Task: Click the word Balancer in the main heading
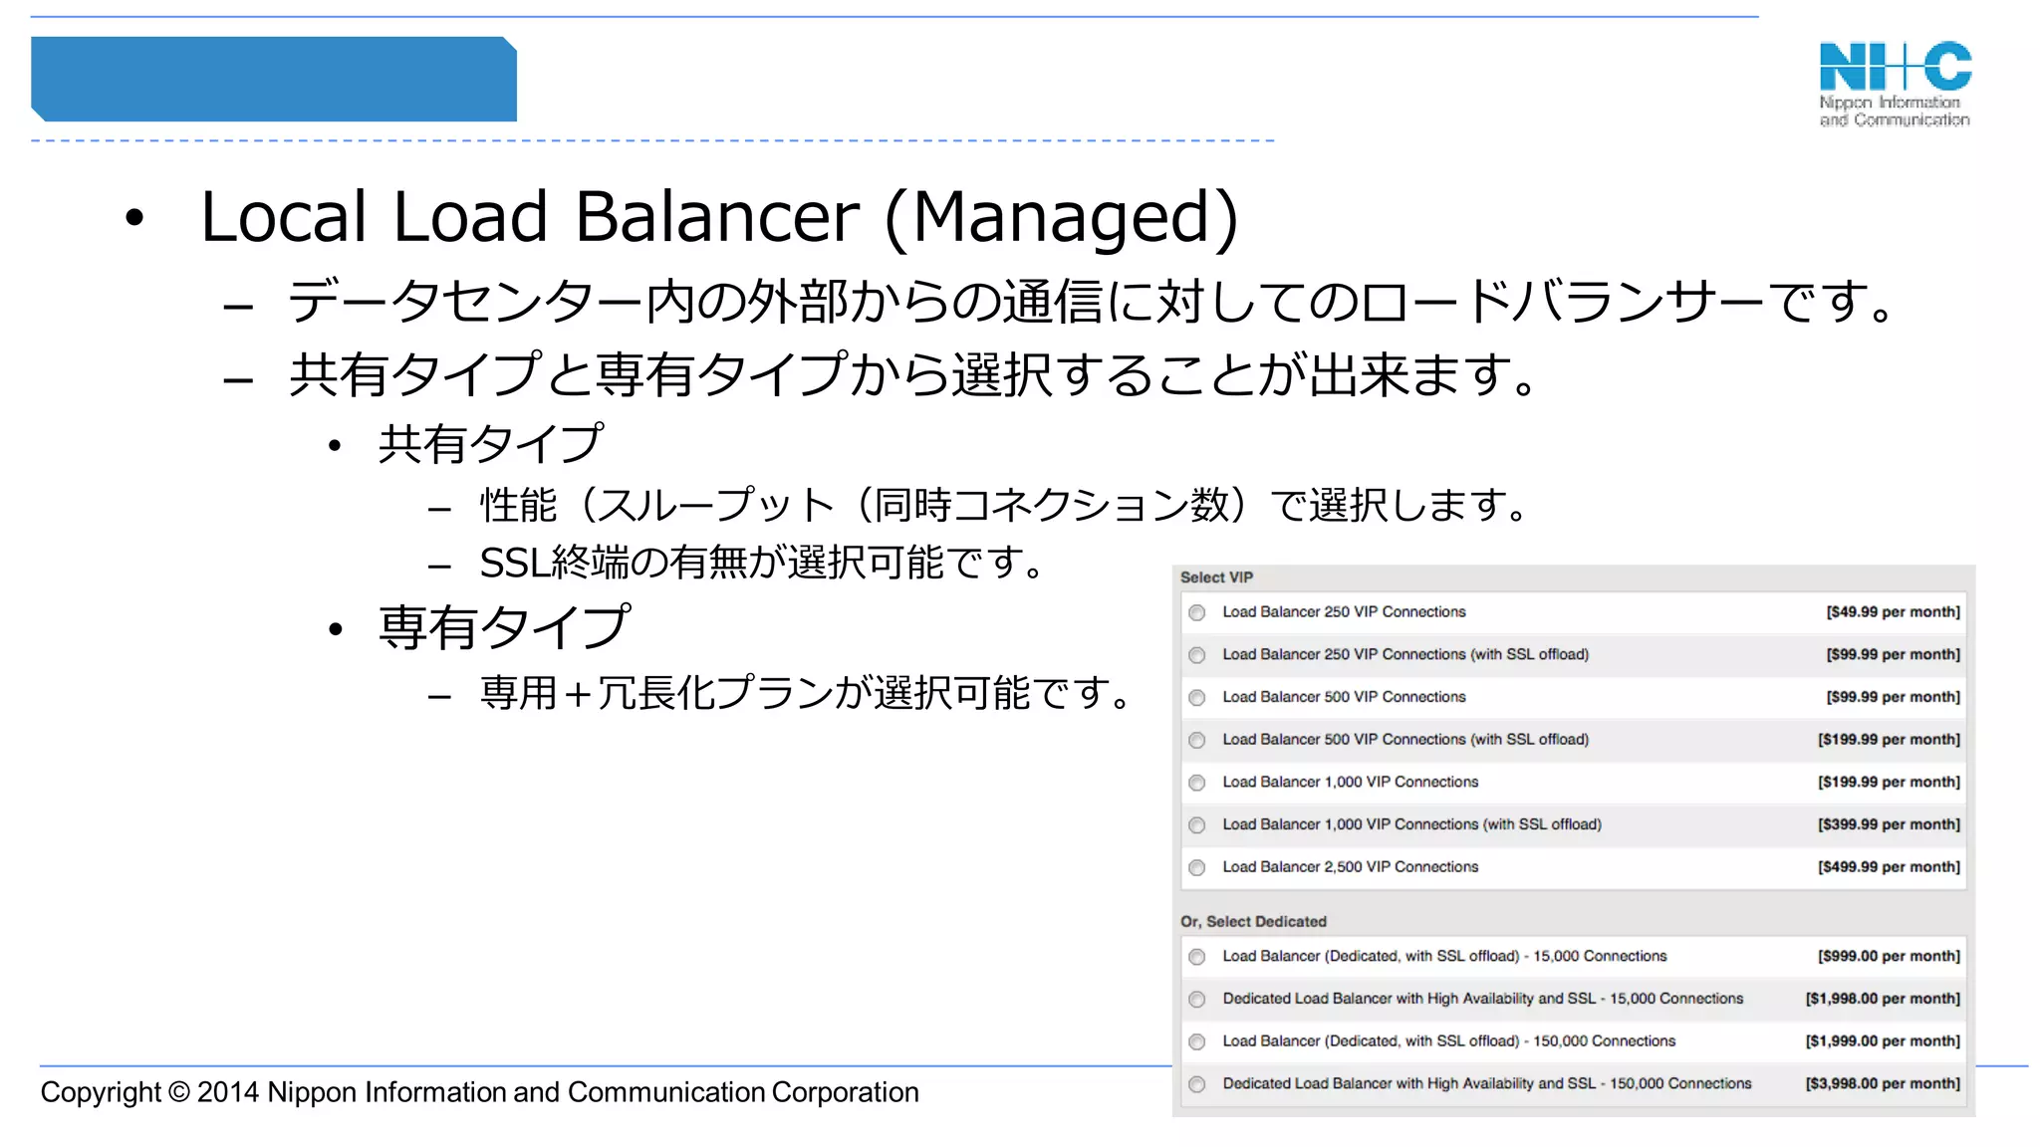716,216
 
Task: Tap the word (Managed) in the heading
1062,216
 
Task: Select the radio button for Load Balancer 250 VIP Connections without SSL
1197,612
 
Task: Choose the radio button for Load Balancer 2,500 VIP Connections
1197,867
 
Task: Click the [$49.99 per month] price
1893,612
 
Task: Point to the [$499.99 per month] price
1889,867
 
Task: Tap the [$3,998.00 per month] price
1883,1083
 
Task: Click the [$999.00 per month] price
1889,956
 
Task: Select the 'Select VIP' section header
1216,577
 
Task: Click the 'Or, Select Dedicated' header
1253,922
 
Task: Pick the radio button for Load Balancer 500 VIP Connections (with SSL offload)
1197,740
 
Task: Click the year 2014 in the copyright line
228,1092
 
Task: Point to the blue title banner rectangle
274,80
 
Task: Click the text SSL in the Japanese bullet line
514,564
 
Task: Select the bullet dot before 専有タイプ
336,629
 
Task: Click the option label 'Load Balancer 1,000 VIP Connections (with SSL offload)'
1411,824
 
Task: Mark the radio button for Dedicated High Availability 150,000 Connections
1197,1084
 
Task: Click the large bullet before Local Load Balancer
134,218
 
